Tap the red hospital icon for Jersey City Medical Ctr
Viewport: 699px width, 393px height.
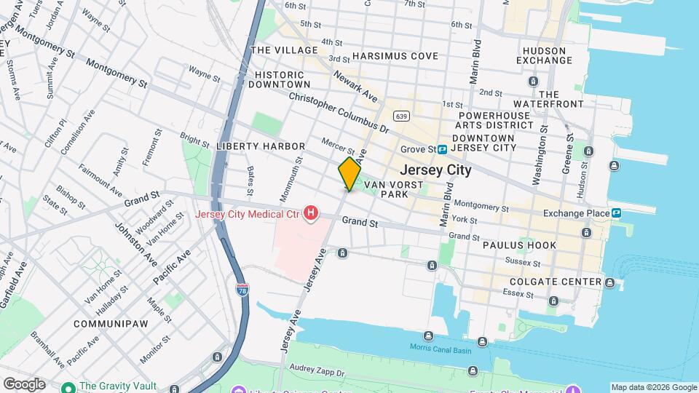tap(312, 213)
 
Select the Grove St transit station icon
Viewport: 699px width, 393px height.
tap(442, 150)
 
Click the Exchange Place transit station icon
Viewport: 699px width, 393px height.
tap(616, 213)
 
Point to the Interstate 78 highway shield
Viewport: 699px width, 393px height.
tap(242, 290)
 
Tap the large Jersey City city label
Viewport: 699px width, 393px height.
tap(435, 170)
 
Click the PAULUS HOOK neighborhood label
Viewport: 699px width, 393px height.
tap(519, 245)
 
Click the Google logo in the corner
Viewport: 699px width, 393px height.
tap(23, 384)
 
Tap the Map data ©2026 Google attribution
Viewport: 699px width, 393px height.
tap(653, 387)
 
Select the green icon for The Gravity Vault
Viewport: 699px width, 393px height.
tap(68, 387)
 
